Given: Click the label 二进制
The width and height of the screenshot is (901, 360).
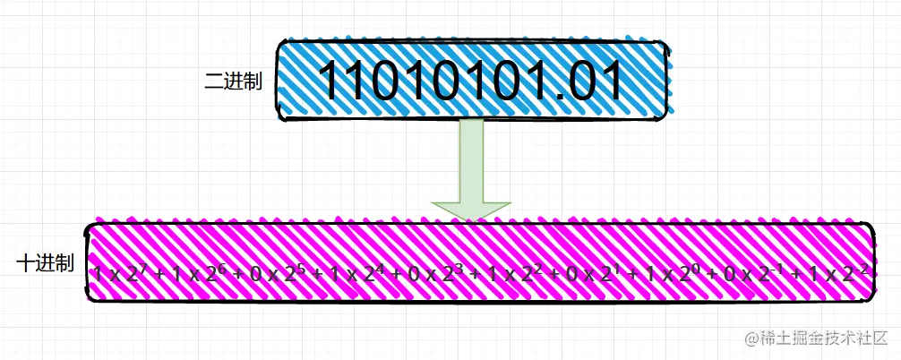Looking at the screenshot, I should pos(233,81).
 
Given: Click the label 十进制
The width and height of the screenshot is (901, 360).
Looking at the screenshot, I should pos(45,263).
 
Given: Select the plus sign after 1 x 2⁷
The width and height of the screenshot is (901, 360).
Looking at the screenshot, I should pos(158,271).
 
